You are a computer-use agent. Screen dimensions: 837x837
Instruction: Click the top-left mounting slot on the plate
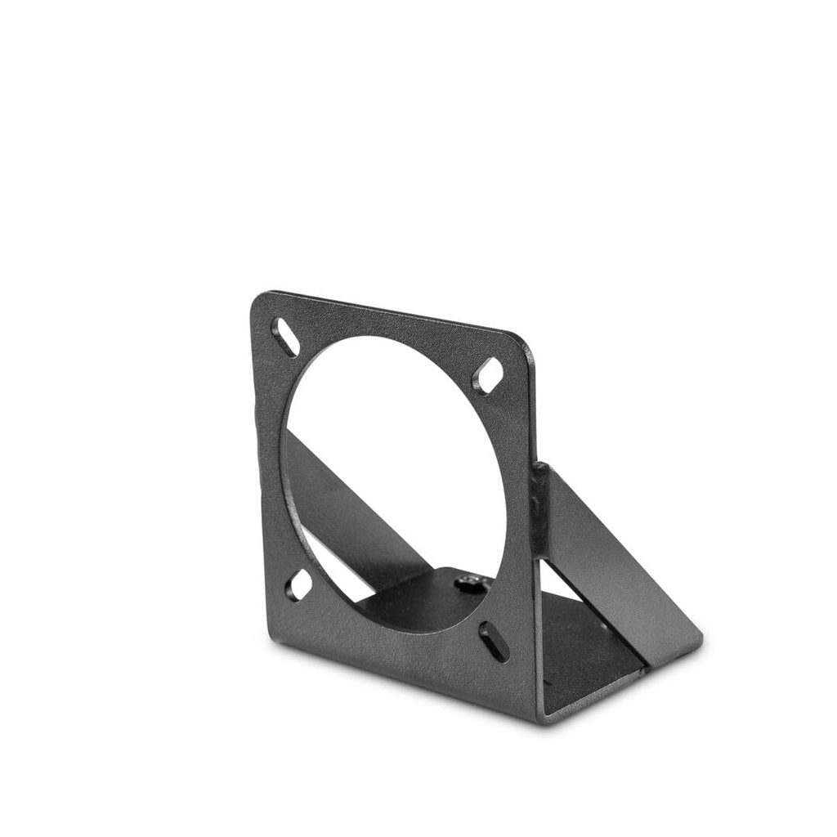[284, 337]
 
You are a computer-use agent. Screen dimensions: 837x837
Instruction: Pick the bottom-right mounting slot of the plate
[493, 641]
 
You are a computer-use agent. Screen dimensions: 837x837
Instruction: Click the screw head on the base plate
[468, 583]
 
